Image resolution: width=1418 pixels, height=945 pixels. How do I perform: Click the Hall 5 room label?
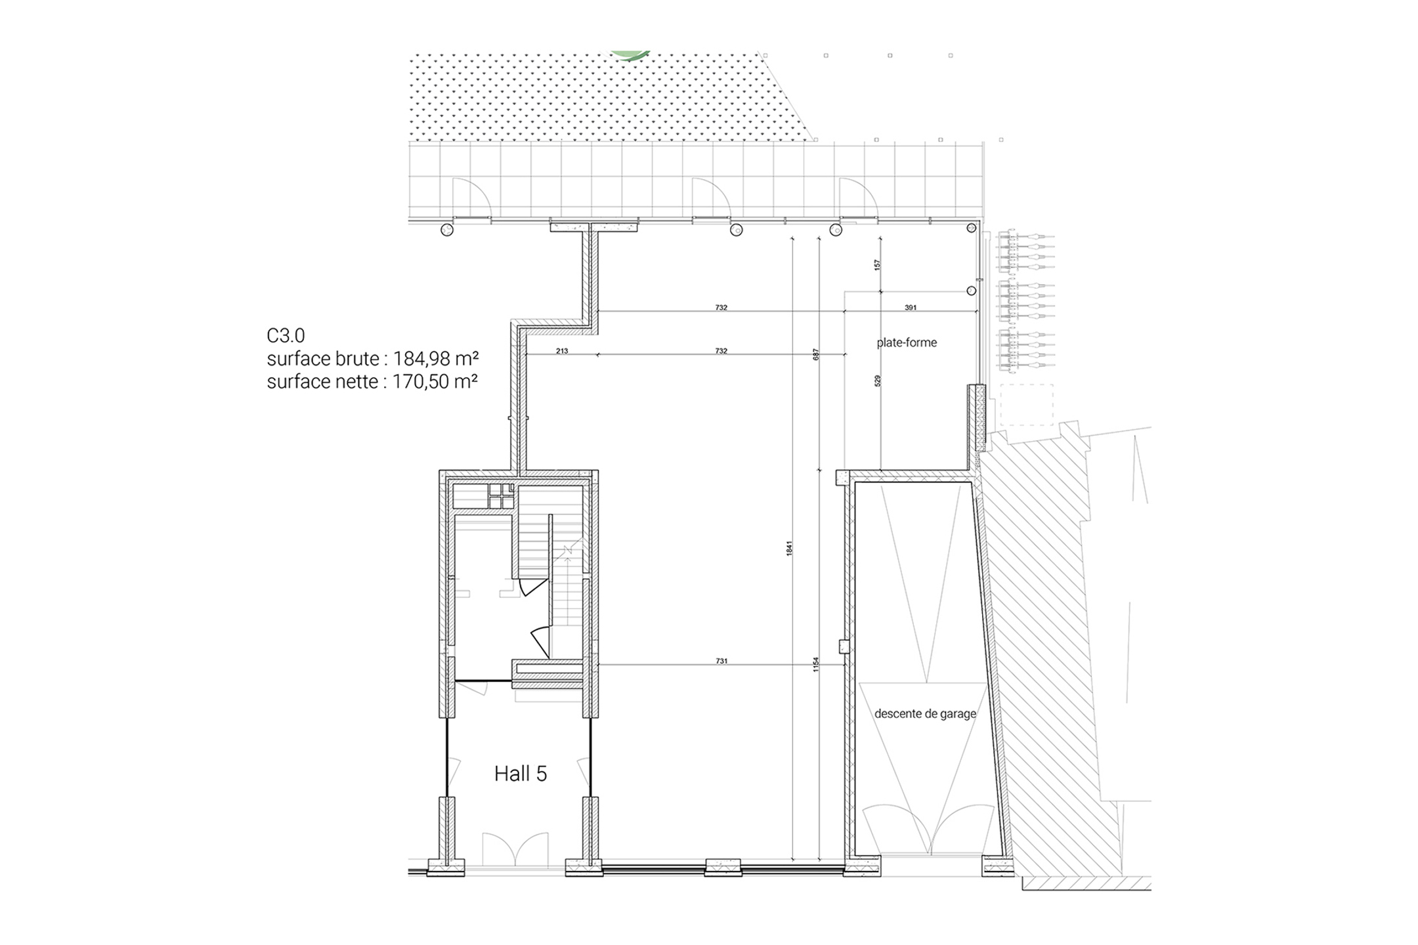click(x=520, y=774)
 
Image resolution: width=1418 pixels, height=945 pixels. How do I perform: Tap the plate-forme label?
click(x=907, y=343)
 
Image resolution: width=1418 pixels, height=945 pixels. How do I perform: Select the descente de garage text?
click(x=925, y=714)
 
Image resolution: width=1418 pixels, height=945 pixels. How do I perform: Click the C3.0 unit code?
click(x=286, y=335)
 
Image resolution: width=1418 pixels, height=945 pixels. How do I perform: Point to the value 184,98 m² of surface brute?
click(x=435, y=359)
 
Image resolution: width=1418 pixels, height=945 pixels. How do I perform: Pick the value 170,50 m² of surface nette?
click(x=435, y=381)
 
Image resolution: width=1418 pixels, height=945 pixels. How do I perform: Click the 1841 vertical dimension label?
click(x=790, y=549)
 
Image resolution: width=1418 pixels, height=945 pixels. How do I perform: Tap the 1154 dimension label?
click(x=816, y=665)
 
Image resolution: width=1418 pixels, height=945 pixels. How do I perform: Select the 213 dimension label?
click(x=562, y=351)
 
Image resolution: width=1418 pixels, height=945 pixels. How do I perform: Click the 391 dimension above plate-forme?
click(x=911, y=307)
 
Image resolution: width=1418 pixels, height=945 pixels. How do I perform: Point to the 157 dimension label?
click(x=877, y=265)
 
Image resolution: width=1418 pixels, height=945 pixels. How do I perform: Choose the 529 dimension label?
click(x=878, y=381)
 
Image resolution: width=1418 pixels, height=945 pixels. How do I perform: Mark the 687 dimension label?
click(x=816, y=354)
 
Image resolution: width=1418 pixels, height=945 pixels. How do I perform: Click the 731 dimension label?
click(x=721, y=661)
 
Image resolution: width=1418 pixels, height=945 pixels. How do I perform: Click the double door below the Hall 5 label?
click(x=515, y=849)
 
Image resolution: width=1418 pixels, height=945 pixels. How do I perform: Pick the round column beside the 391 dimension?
click(x=972, y=291)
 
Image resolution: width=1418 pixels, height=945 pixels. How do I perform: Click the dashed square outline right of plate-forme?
click(x=1027, y=405)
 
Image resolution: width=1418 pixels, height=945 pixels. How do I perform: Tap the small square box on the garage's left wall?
click(x=844, y=646)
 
